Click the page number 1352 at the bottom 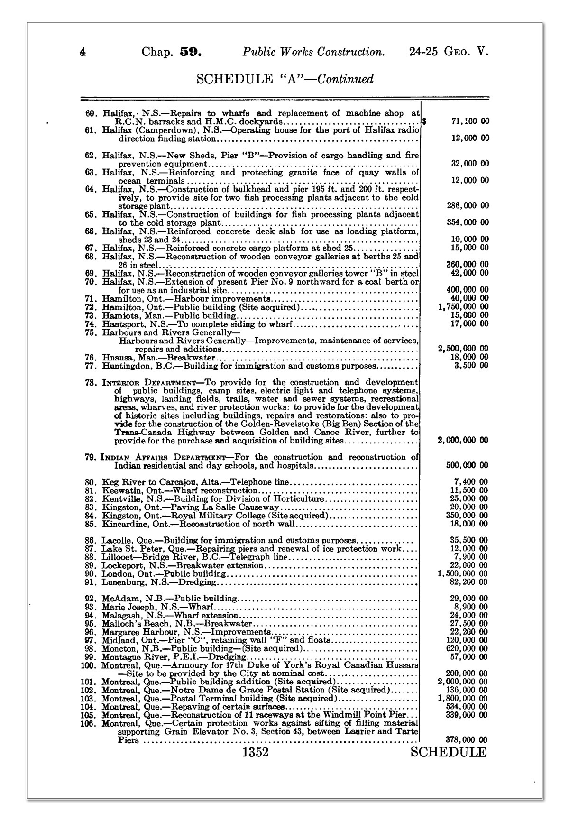tap(255, 752)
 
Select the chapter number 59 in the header tap(191, 52)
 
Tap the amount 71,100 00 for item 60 tap(468, 121)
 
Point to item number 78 tap(91, 382)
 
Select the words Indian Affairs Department tap(164, 458)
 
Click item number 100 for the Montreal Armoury tap(89, 665)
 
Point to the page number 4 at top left tap(83, 52)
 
